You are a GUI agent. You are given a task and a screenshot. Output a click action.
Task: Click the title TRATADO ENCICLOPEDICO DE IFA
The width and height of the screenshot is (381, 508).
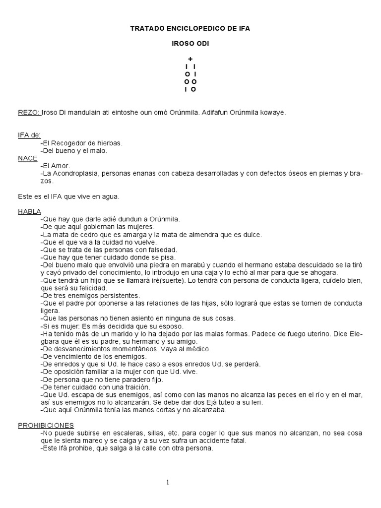tap(190, 29)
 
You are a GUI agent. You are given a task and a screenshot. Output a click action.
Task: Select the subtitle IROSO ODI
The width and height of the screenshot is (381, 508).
tap(190, 44)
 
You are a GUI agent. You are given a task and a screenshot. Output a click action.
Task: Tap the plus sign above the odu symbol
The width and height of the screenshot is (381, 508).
tap(190, 59)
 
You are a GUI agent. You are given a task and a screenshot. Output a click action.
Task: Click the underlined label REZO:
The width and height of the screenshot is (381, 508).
tap(29, 113)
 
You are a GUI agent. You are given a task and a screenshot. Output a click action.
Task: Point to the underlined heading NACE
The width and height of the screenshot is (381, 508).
tap(27, 158)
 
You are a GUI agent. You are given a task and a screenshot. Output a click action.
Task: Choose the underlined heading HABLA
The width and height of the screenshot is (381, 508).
tap(30, 211)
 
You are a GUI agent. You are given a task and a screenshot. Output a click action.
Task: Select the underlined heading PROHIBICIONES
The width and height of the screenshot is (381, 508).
tap(46, 425)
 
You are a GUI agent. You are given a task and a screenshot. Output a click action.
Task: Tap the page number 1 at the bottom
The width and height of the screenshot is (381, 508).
tap(168, 483)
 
